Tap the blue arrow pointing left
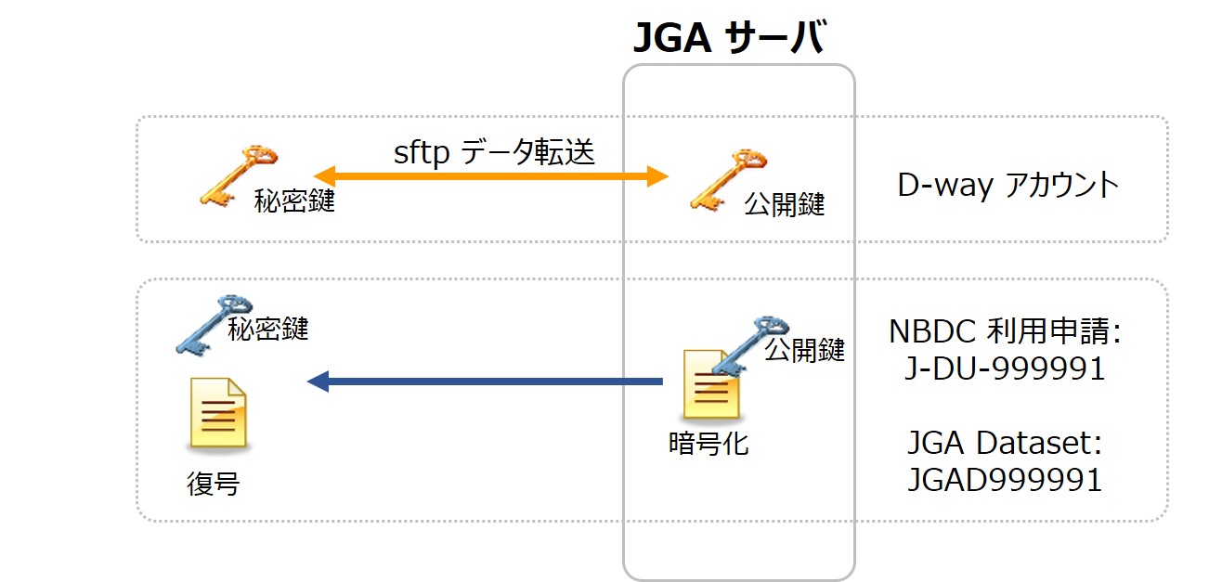[x=484, y=381]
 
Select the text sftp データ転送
[x=493, y=150]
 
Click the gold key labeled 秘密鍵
[x=233, y=173]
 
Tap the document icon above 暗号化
[x=710, y=384]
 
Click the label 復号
[x=214, y=484]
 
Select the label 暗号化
[x=708, y=444]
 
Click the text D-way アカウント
[x=1007, y=186]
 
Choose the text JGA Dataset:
[x=1004, y=443]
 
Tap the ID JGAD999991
[x=1004, y=480]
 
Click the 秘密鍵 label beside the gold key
[x=294, y=202]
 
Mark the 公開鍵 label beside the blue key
[x=804, y=350]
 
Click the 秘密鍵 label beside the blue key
[x=268, y=328]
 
